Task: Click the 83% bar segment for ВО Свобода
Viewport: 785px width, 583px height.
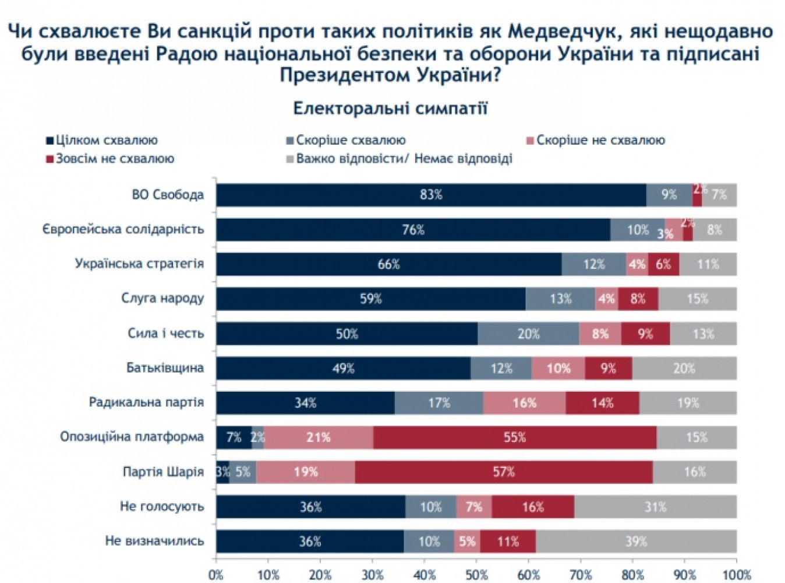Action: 431,195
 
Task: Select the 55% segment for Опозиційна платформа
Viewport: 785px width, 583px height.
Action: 515,437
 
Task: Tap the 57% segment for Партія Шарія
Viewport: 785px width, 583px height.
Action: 504,472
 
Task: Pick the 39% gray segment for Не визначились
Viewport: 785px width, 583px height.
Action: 636,541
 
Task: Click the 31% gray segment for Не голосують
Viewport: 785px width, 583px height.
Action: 655,507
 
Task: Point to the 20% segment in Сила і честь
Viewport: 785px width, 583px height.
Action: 528,333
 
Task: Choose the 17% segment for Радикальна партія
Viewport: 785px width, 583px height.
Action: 439,403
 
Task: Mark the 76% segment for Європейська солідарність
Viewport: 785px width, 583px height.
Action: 413,230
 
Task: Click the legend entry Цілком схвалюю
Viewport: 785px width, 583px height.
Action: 102,141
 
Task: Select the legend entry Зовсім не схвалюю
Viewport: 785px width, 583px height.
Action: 111,159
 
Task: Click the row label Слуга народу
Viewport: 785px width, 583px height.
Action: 162,298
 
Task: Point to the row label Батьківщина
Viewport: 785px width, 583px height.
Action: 165,368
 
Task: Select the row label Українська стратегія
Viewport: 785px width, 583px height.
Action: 139,264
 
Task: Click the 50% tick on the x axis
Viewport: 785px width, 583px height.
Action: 476,575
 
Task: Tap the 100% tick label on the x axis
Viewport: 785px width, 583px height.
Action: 736,575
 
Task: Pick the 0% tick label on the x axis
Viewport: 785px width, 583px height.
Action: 216,575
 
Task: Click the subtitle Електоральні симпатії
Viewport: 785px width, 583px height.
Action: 390,108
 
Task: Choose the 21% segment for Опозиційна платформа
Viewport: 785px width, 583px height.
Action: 319,437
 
